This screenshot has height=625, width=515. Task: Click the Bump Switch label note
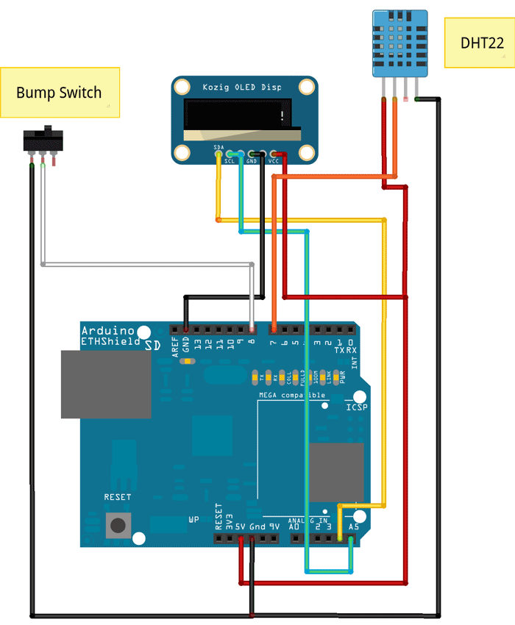coord(60,93)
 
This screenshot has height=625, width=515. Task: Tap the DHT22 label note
coord(481,43)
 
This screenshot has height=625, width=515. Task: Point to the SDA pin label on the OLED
coord(219,148)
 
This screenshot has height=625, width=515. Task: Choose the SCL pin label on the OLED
coord(230,160)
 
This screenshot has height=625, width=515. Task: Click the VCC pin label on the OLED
coord(274,160)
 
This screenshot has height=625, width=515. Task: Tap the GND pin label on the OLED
coord(252,160)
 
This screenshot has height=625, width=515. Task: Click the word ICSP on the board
coord(357,407)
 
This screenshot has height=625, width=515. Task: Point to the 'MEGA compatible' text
coord(292,396)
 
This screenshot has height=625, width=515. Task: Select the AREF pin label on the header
coord(176,346)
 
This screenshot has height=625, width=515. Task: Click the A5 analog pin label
coord(354,526)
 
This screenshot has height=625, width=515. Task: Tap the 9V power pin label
coord(274,526)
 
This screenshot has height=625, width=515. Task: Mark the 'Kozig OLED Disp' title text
coord(242,87)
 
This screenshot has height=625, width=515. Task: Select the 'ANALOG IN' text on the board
coord(313,519)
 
